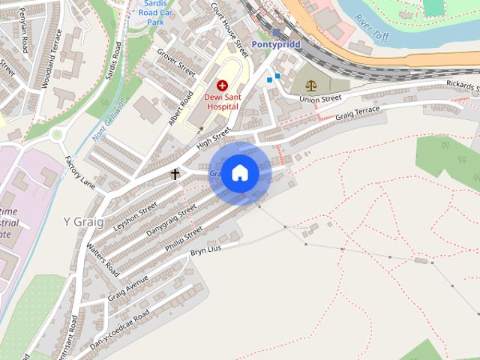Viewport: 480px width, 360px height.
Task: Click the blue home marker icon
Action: click(239, 172)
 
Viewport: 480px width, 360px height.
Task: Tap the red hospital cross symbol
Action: click(222, 87)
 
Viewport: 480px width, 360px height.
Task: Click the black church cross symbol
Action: click(175, 174)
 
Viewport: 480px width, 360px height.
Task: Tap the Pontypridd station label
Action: click(276, 45)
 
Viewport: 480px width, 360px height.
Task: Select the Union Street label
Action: click(320, 99)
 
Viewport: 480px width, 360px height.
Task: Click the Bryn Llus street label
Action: click(206, 250)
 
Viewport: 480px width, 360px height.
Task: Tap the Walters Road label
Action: click(102, 259)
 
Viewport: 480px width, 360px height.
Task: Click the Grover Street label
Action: click(176, 63)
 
